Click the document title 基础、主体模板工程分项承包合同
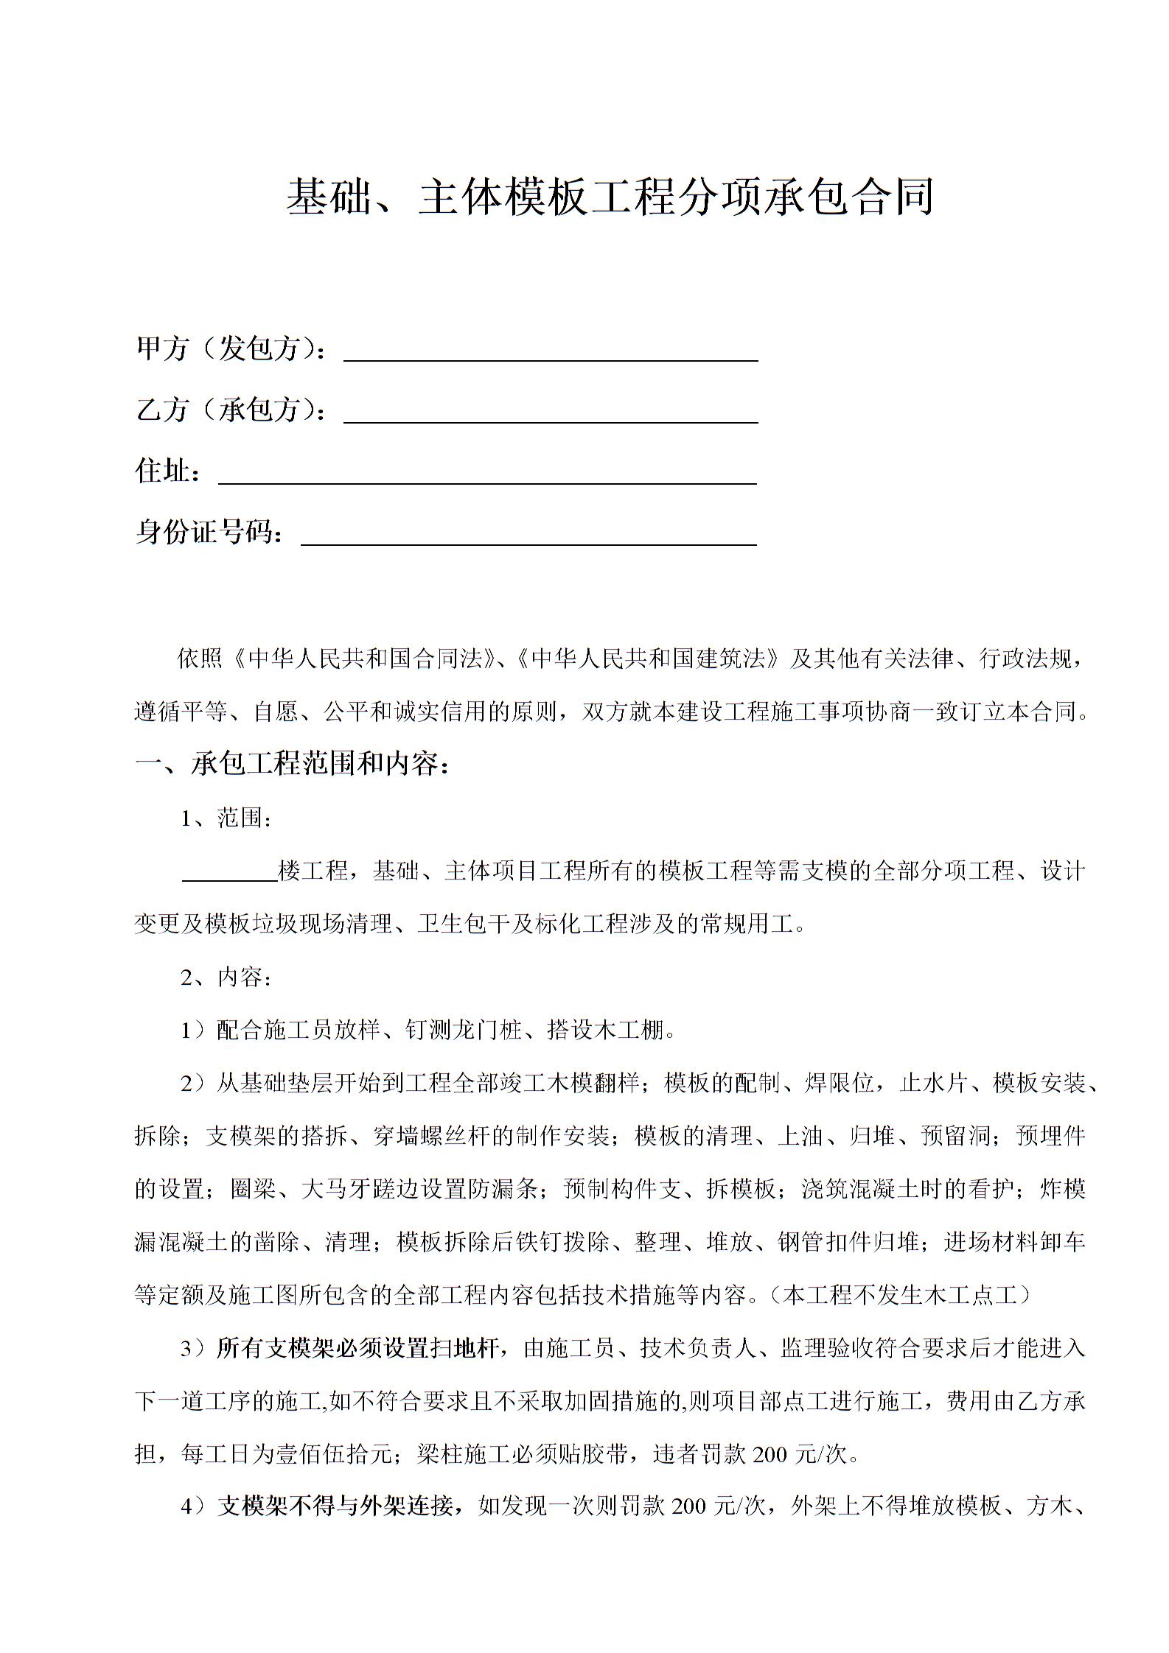point(610,197)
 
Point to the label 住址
point(168,470)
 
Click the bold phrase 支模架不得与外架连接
point(336,1506)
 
